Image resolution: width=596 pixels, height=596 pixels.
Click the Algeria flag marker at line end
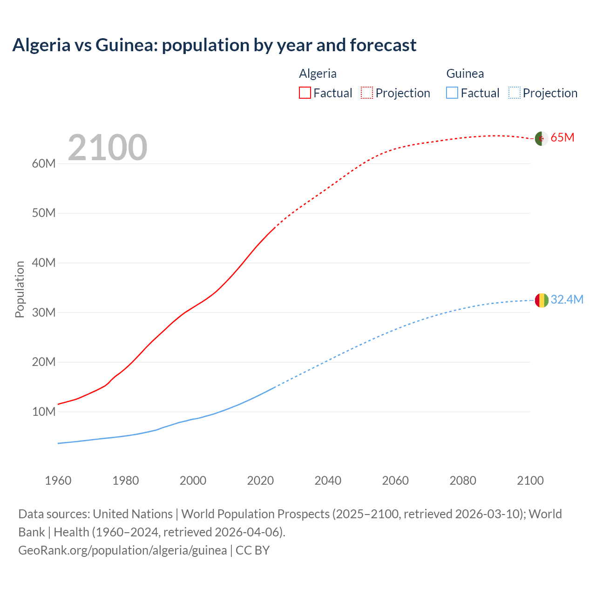541,138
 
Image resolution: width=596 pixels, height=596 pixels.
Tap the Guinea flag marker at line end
541,300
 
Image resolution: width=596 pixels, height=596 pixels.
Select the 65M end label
562,138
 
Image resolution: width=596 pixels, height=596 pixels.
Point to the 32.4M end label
567,299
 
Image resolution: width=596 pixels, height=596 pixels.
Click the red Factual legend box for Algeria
305,93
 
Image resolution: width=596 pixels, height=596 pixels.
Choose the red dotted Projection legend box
367,93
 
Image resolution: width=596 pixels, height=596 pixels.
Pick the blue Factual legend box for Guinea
452,93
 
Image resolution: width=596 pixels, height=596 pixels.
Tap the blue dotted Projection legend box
514,93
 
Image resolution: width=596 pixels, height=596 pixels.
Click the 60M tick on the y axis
44,164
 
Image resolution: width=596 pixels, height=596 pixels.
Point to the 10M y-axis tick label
44,412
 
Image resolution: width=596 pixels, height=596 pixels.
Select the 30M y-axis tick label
44,312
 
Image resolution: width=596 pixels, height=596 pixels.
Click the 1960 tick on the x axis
58,481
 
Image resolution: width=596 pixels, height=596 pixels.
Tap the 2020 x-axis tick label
260,481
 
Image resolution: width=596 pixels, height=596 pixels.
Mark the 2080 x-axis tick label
463,481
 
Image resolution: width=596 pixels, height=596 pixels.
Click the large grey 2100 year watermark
108,148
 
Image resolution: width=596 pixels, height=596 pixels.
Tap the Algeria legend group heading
318,74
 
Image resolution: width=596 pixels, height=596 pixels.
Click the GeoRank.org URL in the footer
122,550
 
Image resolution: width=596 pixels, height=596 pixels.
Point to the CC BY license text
252,550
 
